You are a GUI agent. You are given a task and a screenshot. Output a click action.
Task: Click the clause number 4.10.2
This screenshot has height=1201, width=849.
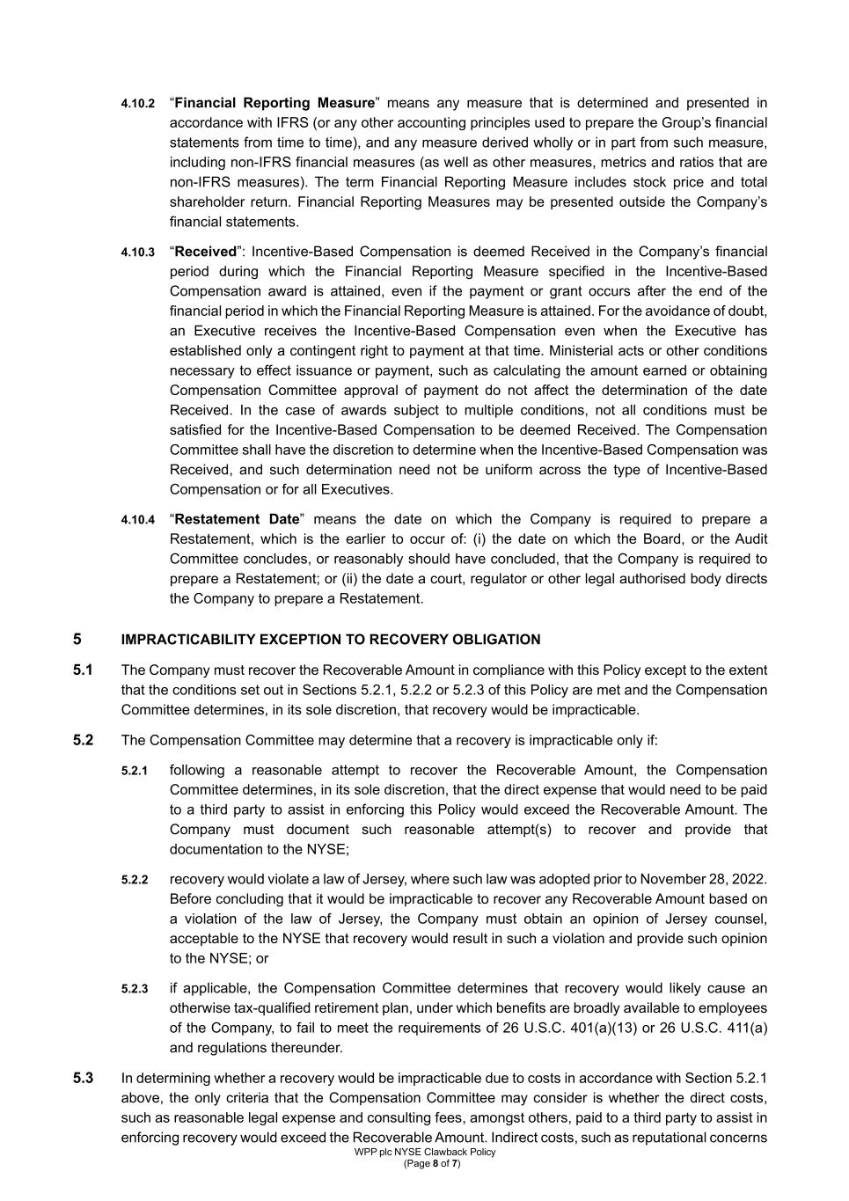click(x=137, y=104)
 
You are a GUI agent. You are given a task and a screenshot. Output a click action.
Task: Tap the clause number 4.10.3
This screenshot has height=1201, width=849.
click(x=137, y=253)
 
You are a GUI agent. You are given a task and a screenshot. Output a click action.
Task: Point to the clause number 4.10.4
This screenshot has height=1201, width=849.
click(x=137, y=520)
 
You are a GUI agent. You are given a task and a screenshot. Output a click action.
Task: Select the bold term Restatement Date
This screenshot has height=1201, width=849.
click(x=238, y=519)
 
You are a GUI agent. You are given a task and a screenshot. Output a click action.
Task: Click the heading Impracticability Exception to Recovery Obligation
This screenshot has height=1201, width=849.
click(x=330, y=640)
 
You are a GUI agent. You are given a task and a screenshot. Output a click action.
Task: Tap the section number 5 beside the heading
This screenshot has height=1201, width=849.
click(x=77, y=640)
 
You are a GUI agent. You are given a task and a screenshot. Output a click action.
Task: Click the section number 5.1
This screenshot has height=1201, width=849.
click(x=83, y=670)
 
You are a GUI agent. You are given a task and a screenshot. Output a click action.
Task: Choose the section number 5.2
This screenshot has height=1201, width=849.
click(x=83, y=740)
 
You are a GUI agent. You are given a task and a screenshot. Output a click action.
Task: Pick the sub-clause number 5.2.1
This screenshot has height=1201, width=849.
click(x=135, y=771)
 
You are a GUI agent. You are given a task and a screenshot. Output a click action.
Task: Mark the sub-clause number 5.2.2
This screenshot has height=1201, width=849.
click(x=135, y=880)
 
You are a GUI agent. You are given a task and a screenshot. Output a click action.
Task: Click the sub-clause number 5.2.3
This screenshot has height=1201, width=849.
click(x=135, y=989)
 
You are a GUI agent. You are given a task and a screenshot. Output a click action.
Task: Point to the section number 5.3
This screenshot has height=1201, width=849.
click(x=83, y=1079)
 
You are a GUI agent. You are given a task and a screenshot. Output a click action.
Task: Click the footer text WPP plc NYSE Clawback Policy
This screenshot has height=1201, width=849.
click(x=425, y=1152)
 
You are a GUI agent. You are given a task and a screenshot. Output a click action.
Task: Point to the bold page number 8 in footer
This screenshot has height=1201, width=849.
click(x=435, y=1163)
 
